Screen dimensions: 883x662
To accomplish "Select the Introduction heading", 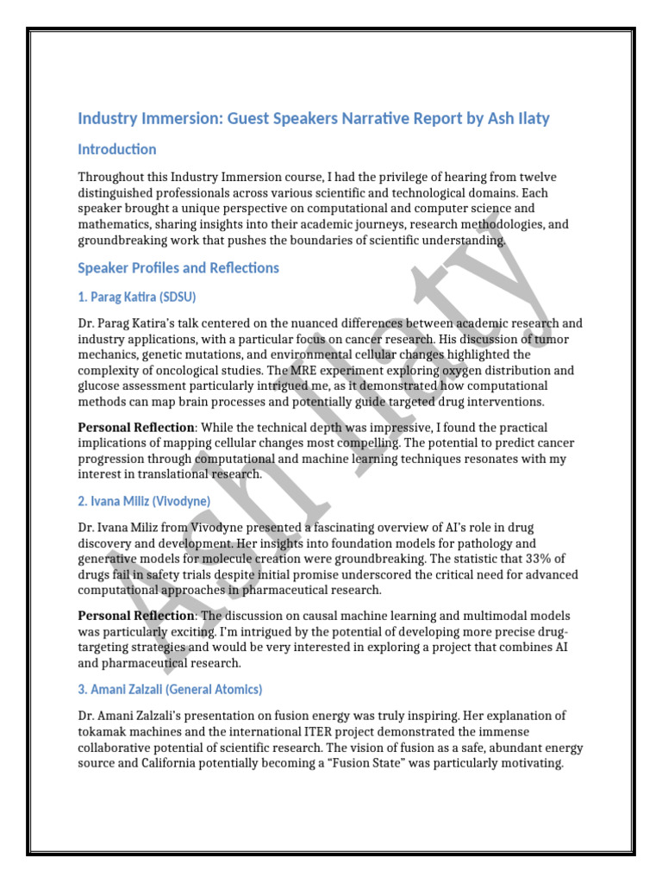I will [117, 149].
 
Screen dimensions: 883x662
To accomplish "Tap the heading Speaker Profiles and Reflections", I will [178, 267].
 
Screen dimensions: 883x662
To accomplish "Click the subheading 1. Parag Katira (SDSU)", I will [137, 297].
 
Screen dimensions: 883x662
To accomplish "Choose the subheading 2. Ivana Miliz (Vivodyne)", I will [144, 500].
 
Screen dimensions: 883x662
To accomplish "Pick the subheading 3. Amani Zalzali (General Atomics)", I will [170, 689].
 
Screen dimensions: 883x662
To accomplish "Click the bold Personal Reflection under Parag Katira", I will [136, 428].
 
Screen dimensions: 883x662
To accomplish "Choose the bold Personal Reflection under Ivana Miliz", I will [136, 616].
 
